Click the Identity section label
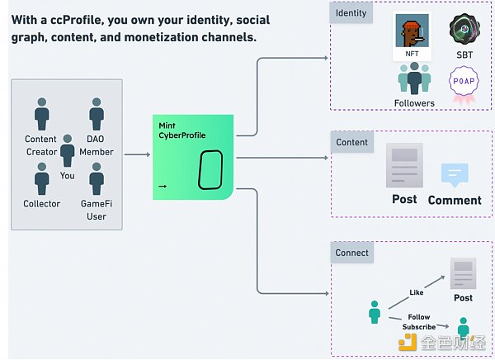coord(351,13)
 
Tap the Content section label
coord(351,142)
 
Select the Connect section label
coord(353,253)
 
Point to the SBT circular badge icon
coord(464,31)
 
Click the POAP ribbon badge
coord(462,86)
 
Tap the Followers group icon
coord(414,79)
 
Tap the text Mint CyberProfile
coord(183,130)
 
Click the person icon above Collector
coord(41,178)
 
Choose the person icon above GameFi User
coord(97,178)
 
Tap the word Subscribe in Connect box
coord(419,327)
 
